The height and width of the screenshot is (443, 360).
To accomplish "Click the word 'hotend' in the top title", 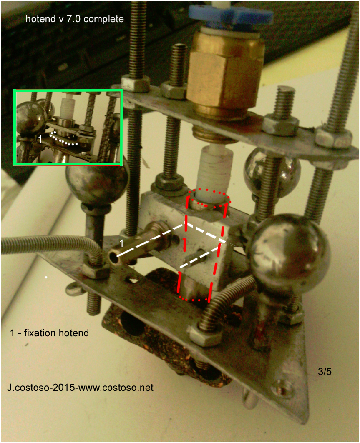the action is click(41, 19).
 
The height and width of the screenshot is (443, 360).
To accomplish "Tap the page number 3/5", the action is click(325, 371).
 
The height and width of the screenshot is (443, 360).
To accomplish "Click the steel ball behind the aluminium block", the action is click(272, 170).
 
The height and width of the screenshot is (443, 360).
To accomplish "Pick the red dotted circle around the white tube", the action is click(209, 200).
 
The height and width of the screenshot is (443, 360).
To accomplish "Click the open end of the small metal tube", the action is click(114, 258).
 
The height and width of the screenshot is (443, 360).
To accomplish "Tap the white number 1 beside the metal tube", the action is click(122, 243).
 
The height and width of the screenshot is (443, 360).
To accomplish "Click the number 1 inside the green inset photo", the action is click(40, 139).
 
